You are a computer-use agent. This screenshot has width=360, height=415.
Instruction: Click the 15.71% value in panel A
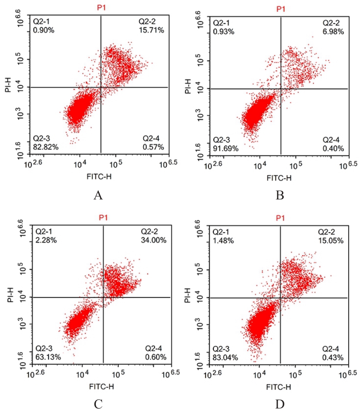tap(151, 30)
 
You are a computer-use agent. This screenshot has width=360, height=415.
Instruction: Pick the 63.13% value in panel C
tap(48, 358)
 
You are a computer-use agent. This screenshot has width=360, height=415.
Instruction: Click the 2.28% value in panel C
tap(46, 240)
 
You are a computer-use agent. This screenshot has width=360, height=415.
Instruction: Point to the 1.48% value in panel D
tap(223, 240)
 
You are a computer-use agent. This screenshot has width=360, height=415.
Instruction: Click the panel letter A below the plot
tap(98, 196)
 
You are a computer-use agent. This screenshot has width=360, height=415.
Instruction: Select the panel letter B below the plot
tap(280, 196)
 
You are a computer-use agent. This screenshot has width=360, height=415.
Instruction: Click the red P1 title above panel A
tap(101, 8)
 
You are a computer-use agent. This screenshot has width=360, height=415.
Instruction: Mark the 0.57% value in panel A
tap(153, 147)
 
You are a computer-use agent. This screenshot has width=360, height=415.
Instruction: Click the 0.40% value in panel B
tap(333, 149)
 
